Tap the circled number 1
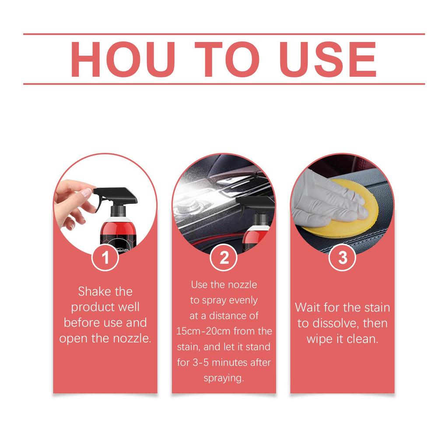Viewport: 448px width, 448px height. pos(105,258)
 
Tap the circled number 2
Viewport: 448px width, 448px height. pos(224,258)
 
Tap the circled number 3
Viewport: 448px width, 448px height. pos(343,258)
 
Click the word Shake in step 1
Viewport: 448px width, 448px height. pos(93,291)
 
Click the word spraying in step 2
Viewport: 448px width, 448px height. pos(224,378)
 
